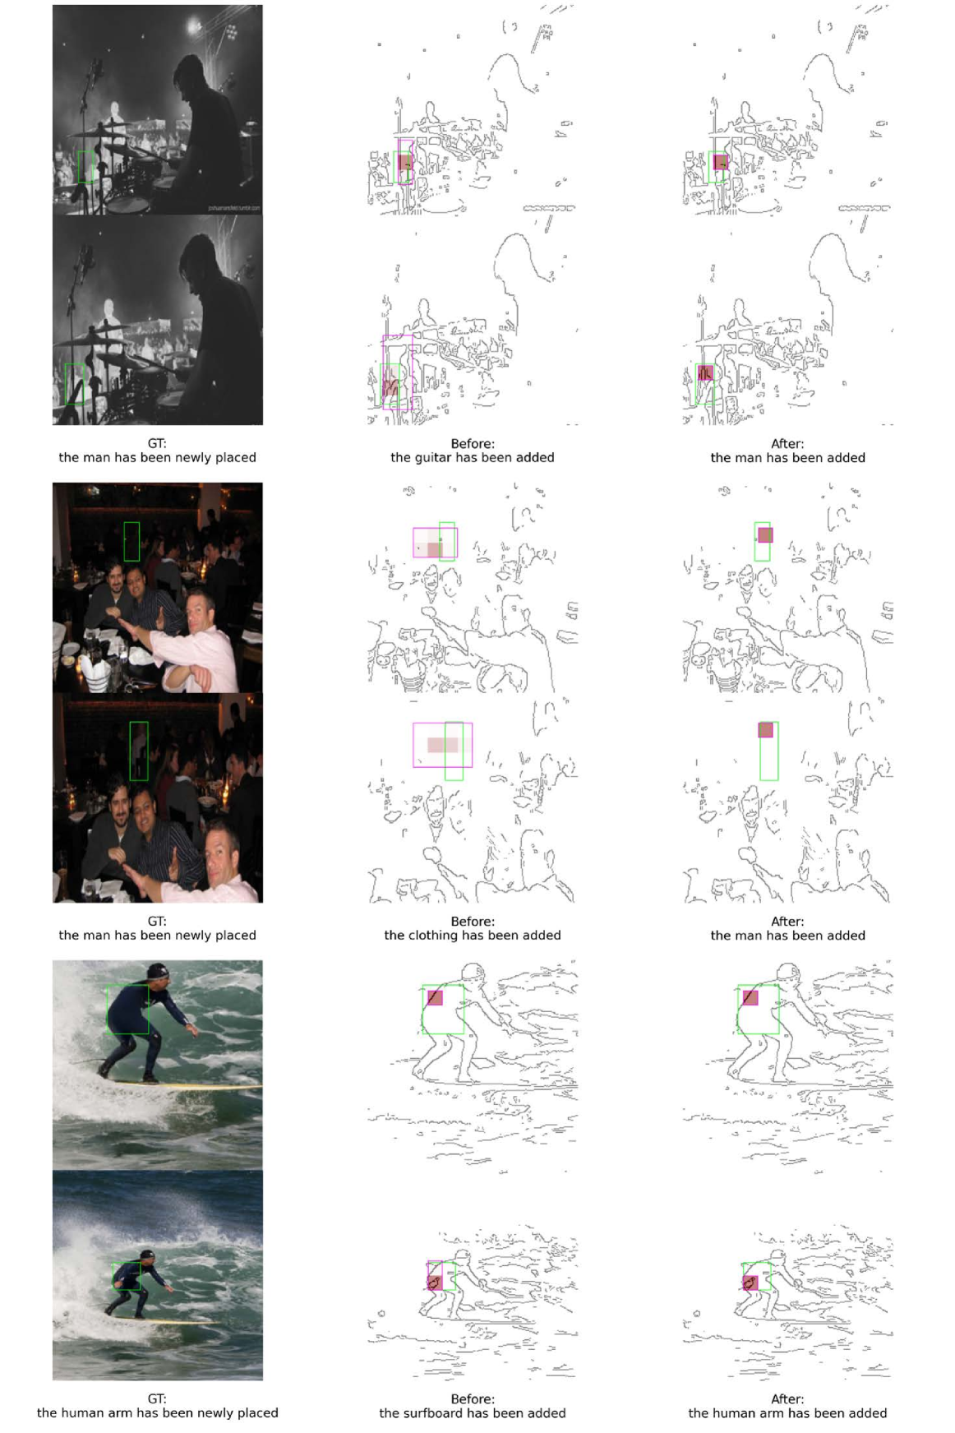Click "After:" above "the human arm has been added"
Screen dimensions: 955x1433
pos(787,1398)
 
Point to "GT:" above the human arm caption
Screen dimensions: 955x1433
pos(157,1398)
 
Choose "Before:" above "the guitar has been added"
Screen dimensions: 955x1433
pos(473,443)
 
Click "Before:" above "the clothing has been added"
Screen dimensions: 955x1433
pos(473,921)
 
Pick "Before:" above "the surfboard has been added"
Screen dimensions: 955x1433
pos(473,1398)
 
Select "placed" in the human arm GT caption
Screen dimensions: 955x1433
pos(259,1412)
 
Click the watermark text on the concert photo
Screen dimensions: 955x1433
pos(233,208)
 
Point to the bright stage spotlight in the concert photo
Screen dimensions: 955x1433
pos(195,27)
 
